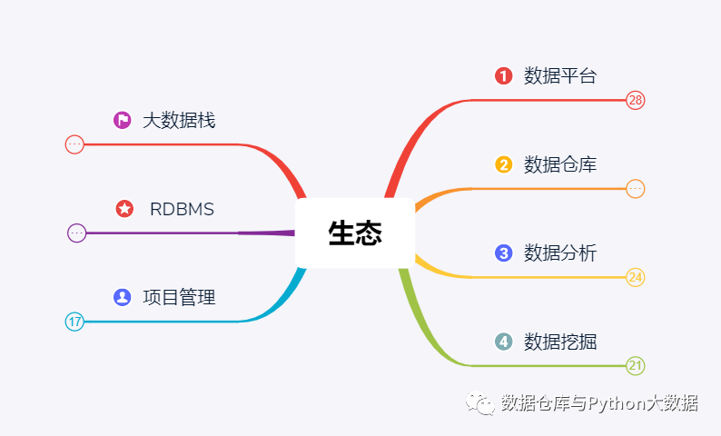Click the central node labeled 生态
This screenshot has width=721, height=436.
355,233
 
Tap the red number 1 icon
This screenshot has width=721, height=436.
503,76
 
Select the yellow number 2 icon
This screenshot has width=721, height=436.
503,164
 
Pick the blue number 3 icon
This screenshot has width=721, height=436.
503,253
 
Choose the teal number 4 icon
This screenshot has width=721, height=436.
503,342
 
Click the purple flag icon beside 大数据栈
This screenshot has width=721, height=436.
123,120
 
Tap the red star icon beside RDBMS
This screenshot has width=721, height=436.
124,209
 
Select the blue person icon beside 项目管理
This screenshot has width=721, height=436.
123,297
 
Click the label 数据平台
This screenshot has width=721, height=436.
560,76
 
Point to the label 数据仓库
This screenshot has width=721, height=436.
560,164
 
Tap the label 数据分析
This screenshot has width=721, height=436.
560,253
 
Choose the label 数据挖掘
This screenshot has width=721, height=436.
560,342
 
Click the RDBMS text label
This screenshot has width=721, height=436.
183,209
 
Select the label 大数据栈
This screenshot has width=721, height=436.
179,121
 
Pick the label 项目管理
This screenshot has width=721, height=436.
179,298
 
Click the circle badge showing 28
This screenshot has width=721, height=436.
636,100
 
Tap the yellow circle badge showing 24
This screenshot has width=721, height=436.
636,277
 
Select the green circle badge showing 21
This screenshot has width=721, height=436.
636,366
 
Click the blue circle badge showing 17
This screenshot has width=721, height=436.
74,322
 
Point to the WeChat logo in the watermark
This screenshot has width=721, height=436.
480,403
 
